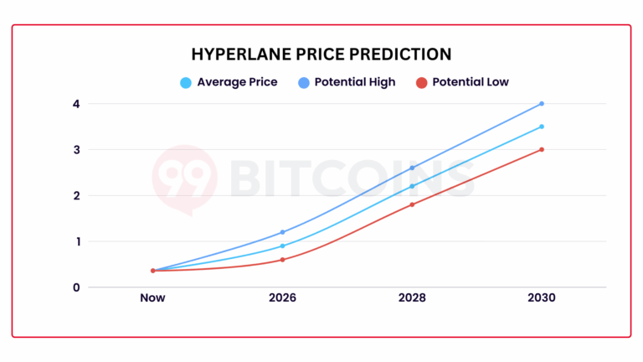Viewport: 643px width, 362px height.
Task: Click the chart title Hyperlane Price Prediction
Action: tap(321, 54)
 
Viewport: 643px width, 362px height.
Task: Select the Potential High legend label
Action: tap(354, 82)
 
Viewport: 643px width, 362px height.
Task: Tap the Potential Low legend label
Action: tap(471, 82)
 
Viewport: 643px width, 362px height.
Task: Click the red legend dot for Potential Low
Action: tap(422, 82)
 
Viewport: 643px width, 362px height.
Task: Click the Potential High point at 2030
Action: tap(542, 104)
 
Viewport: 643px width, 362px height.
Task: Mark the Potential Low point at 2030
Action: tap(542, 150)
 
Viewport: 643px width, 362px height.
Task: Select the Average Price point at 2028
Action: tap(412, 186)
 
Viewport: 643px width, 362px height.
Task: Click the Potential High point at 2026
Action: tap(282, 232)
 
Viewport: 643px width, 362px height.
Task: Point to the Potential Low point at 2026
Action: tap(282, 260)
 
